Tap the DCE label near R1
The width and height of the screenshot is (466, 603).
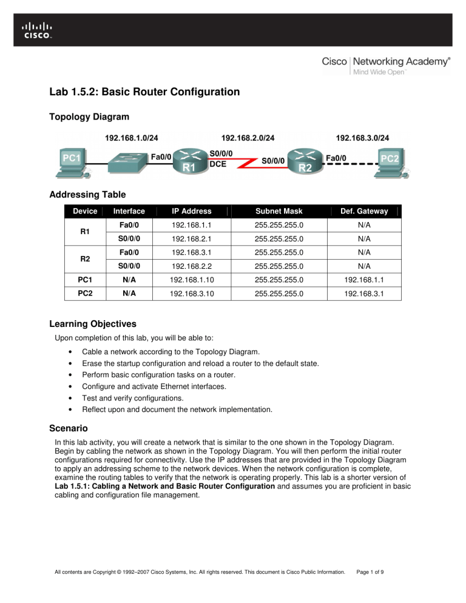click(218, 164)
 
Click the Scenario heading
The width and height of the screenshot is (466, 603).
click(70, 428)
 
